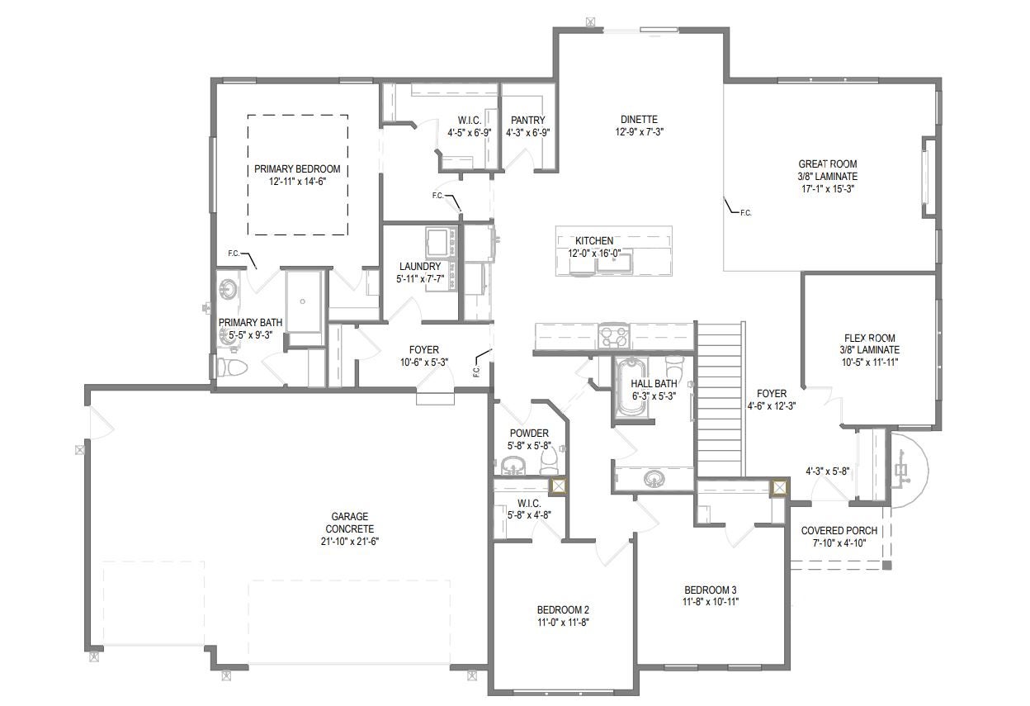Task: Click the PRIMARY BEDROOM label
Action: (x=297, y=168)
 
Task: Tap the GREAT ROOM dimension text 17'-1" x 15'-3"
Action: (x=828, y=188)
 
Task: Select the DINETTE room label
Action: (x=639, y=120)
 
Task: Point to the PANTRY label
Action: (x=528, y=120)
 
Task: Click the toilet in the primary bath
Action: (x=233, y=367)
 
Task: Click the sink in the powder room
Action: (x=513, y=466)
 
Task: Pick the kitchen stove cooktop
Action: (x=614, y=336)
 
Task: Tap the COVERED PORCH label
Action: (x=839, y=530)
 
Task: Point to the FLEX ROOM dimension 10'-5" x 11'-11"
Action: (x=870, y=362)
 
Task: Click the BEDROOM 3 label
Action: (x=711, y=590)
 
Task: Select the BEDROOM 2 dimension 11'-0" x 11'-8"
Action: (x=563, y=623)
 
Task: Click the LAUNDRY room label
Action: (x=420, y=267)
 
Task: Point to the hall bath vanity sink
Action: (x=654, y=478)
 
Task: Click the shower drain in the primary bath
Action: (x=303, y=301)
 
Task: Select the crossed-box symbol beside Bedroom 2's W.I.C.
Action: (x=559, y=486)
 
